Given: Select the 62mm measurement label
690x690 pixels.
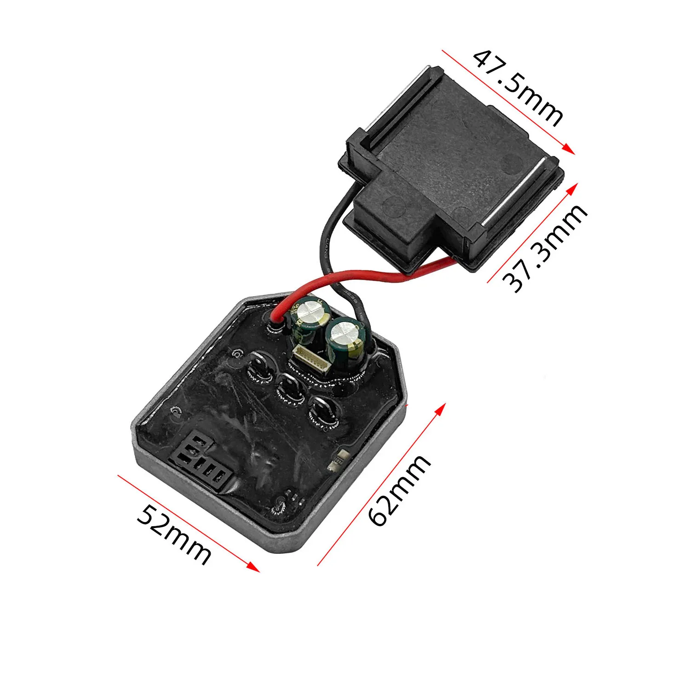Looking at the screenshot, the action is pos(399,490).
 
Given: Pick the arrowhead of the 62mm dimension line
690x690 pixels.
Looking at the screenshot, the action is pos(441,408).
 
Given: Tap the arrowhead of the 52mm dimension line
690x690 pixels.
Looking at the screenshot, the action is pos(253,567).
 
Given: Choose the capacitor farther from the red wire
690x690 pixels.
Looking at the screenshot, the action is pos(346,343).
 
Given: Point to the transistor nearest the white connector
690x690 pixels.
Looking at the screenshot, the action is pos(260,367).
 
